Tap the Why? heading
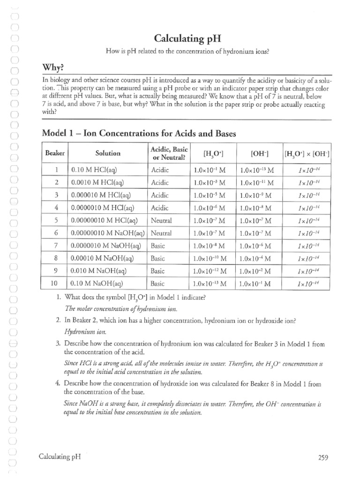(56, 67)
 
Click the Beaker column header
(56, 153)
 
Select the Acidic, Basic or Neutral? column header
(168, 153)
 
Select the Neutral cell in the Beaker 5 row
(161, 220)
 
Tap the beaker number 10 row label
(56, 283)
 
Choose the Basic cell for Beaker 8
(158, 258)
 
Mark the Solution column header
(108, 153)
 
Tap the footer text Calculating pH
(60, 457)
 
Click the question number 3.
(58, 344)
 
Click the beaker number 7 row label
(56, 245)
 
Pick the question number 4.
(58, 384)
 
